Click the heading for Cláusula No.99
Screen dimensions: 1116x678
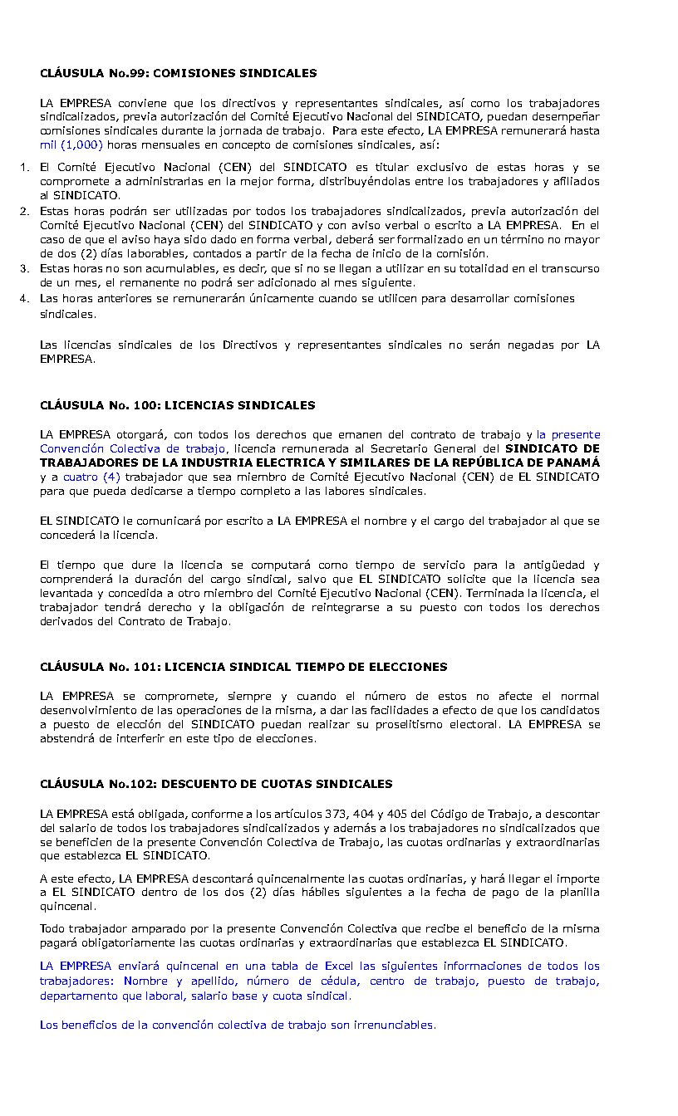178,73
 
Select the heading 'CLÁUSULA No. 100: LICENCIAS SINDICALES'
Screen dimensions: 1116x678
177,405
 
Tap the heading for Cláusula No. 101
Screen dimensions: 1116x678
243,667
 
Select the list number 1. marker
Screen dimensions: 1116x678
25,168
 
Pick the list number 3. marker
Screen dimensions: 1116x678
25,268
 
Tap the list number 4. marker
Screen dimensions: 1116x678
25,298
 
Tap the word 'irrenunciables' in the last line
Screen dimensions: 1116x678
393,1025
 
